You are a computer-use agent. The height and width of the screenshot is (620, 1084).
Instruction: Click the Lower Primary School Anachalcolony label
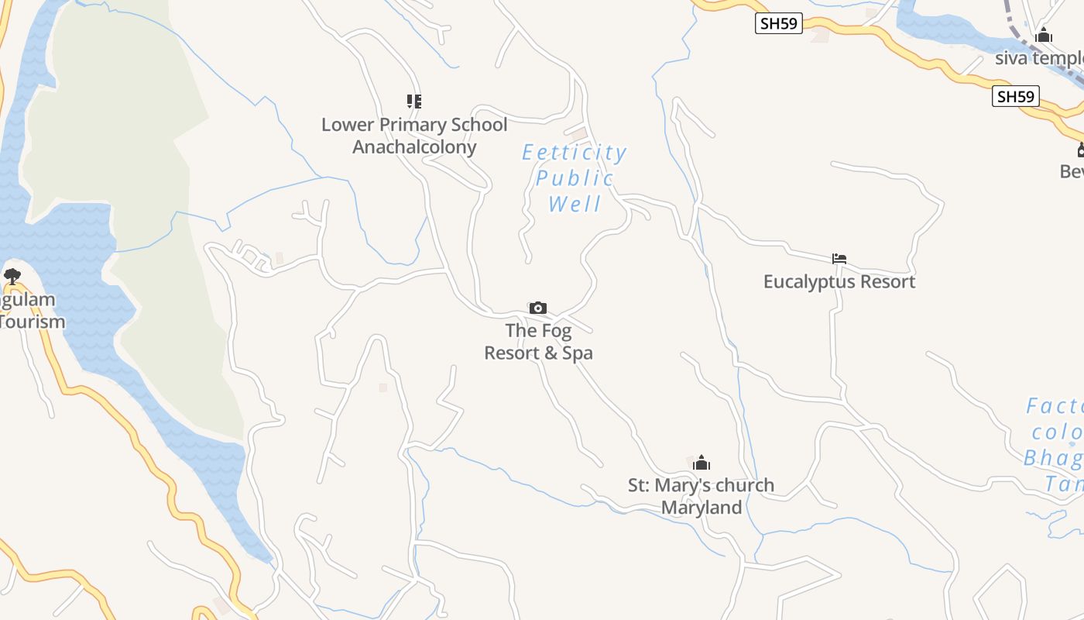(414, 136)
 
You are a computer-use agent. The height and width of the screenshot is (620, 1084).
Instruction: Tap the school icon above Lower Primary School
(414, 101)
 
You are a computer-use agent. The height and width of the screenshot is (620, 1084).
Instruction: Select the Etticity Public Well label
(574, 178)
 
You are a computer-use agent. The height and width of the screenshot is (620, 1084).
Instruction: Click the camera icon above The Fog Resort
(538, 308)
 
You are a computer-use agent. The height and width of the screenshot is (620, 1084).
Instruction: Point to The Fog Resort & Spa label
(539, 342)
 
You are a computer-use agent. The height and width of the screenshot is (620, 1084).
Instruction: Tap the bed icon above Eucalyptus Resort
(839, 259)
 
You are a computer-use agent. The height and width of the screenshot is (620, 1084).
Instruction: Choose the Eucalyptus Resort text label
(839, 281)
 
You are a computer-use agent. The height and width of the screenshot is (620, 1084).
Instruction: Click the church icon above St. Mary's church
(702, 463)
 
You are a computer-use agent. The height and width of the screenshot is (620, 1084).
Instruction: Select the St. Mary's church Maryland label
(701, 496)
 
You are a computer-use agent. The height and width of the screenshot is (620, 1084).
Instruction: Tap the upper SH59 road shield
(778, 23)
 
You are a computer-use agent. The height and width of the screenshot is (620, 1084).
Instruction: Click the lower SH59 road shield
(1015, 96)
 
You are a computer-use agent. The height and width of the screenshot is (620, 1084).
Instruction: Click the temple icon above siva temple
(1044, 35)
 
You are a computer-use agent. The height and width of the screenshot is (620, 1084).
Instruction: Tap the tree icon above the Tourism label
(12, 276)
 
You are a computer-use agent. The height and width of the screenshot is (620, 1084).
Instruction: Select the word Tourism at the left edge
(33, 322)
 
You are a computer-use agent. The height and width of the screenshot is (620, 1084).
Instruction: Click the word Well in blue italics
(575, 205)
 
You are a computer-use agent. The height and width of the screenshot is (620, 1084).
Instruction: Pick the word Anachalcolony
(414, 147)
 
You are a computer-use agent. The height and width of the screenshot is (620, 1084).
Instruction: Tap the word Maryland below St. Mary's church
(702, 508)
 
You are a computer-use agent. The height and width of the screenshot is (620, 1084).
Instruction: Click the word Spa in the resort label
(578, 353)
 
